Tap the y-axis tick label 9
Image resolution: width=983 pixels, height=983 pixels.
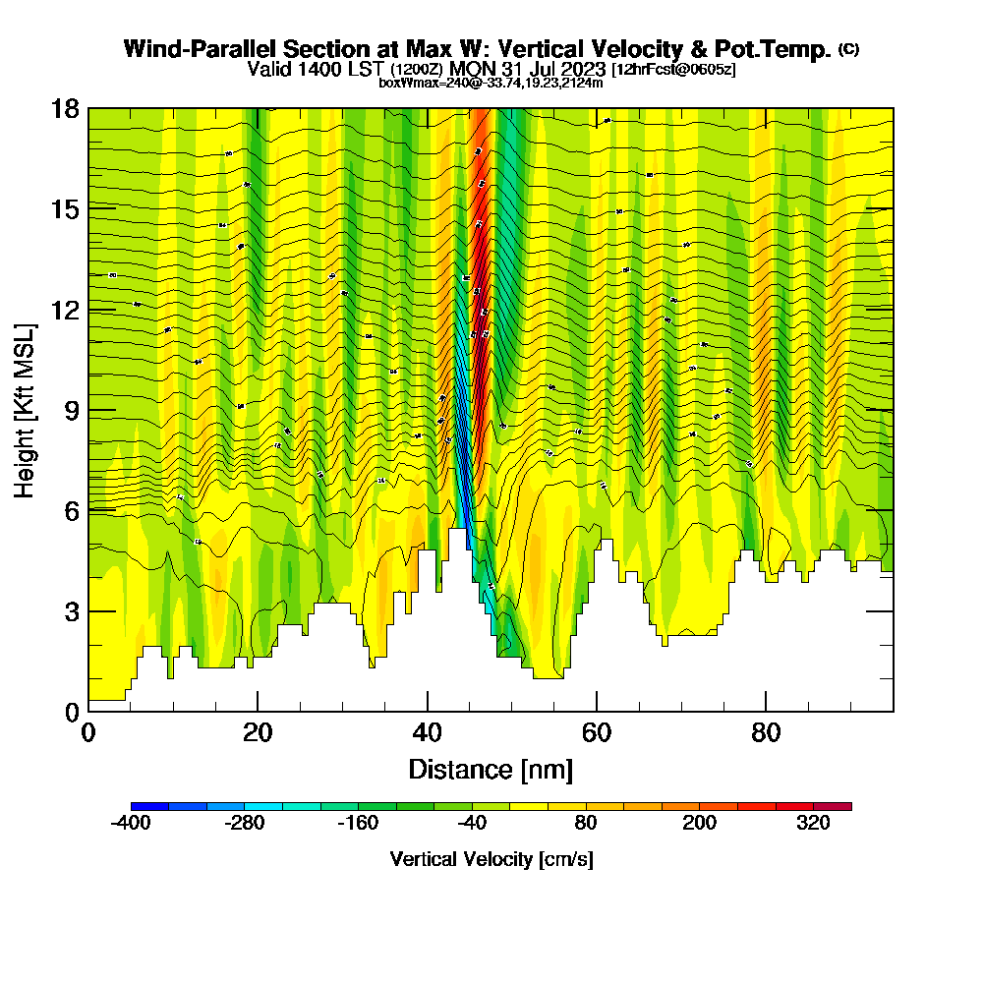point(70,410)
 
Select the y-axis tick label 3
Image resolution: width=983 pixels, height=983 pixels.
point(70,611)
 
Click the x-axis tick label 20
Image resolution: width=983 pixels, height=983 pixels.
point(258,733)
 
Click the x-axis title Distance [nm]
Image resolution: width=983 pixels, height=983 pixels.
point(491,769)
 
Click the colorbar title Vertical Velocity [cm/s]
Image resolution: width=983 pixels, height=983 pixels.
point(491,860)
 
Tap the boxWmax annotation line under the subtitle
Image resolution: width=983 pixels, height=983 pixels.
point(491,83)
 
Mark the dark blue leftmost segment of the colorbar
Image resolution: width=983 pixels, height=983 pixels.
point(149,806)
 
